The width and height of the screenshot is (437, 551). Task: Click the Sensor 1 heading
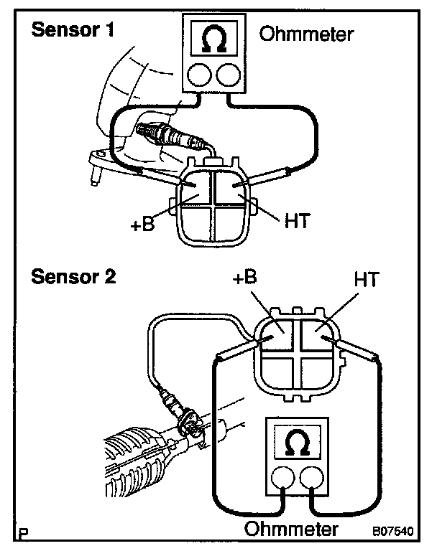(x=73, y=29)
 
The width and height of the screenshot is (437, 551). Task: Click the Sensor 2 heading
(x=73, y=276)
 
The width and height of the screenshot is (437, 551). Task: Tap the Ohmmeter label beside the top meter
(x=306, y=34)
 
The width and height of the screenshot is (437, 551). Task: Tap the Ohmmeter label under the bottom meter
(x=292, y=529)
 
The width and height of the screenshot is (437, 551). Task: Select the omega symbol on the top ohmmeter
(x=214, y=39)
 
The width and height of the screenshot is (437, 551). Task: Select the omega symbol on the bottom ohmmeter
(x=297, y=443)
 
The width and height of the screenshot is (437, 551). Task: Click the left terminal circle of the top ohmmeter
(x=199, y=75)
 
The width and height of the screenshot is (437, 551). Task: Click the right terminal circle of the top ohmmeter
(x=229, y=75)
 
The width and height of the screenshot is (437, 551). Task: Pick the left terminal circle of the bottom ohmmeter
(x=283, y=478)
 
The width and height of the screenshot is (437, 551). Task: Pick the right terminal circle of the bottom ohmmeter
(x=312, y=478)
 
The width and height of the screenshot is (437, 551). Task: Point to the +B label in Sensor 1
(x=142, y=224)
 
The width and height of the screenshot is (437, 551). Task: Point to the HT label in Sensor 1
(x=297, y=221)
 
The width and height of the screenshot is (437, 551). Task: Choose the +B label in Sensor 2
(x=245, y=277)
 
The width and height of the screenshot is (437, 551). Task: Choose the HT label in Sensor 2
(x=367, y=279)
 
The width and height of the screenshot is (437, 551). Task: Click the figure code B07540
(x=393, y=531)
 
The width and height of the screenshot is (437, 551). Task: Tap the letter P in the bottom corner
(x=23, y=533)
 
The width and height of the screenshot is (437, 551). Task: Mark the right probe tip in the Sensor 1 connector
(x=233, y=186)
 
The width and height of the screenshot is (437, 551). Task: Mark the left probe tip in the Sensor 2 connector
(x=271, y=336)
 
